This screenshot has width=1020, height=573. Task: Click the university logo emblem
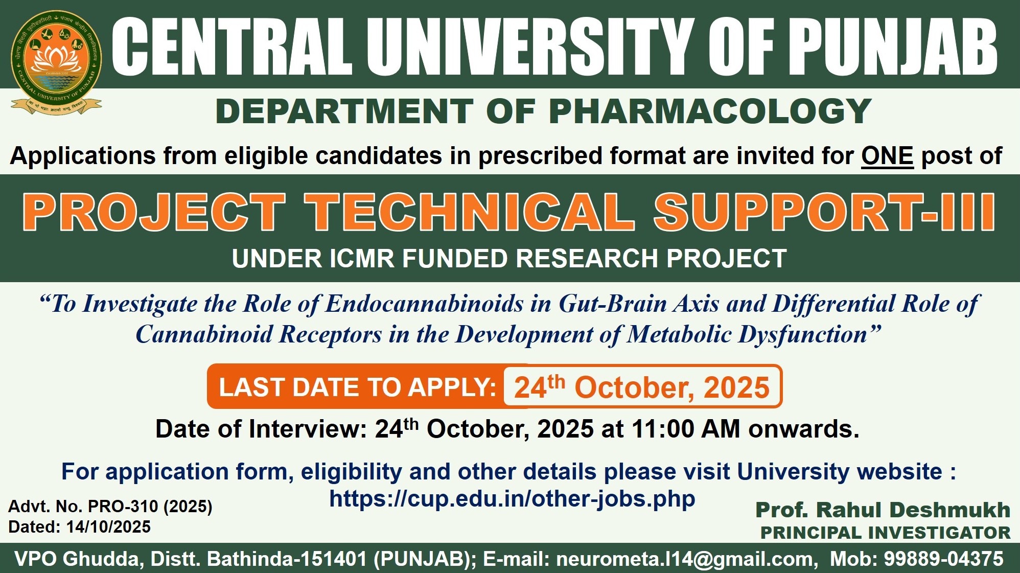click(x=56, y=62)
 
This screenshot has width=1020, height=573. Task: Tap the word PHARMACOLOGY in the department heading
click(x=710, y=111)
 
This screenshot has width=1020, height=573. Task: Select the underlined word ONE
click(x=887, y=155)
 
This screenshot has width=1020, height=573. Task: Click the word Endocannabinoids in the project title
click(x=424, y=304)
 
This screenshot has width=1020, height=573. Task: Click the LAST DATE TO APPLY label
click(x=358, y=387)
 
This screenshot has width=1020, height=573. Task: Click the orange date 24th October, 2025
click(x=642, y=387)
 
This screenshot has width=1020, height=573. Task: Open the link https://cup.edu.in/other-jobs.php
click(x=512, y=498)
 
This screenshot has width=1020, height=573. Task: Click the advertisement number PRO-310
click(x=123, y=506)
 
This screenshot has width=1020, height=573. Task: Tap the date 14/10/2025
click(x=108, y=526)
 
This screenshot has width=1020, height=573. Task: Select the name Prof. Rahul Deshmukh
click(x=883, y=510)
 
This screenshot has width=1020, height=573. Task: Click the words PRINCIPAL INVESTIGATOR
click(x=886, y=533)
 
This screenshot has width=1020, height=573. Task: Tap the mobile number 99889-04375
click(x=944, y=559)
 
